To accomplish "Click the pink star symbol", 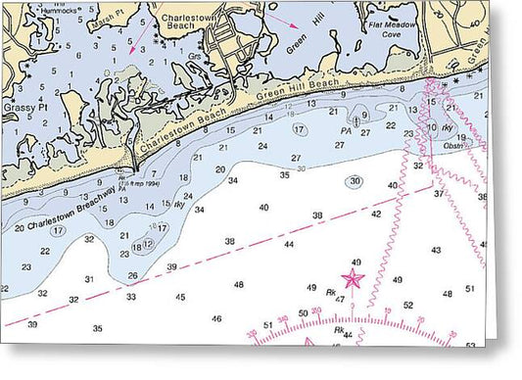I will tap(353, 280).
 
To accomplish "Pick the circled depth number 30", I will tap(355, 181).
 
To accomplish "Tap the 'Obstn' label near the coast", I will tap(452, 147).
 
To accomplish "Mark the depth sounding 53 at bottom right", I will tap(470, 345).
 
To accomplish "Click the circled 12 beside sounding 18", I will tap(148, 243).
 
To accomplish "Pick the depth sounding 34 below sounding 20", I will tap(232, 180).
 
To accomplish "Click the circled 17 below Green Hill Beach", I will tap(300, 129).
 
